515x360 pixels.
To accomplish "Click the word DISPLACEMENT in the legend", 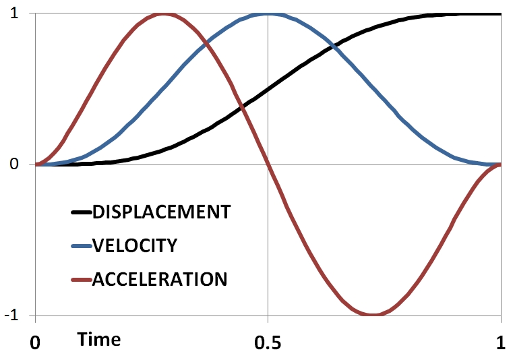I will (x=161, y=212).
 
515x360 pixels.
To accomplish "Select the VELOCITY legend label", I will (x=134, y=245).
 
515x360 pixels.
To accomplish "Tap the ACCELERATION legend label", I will (x=160, y=278).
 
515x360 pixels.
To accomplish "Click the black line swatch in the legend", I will (x=80, y=212).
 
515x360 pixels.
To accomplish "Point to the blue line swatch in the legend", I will (x=80, y=245).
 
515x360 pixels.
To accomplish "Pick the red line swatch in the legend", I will (x=80, y=278).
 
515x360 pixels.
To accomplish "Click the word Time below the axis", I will (x=99, y=340).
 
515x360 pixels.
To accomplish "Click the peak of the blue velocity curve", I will (x=268, y=14).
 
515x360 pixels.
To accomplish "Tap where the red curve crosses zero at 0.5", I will (x=268, y=164).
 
